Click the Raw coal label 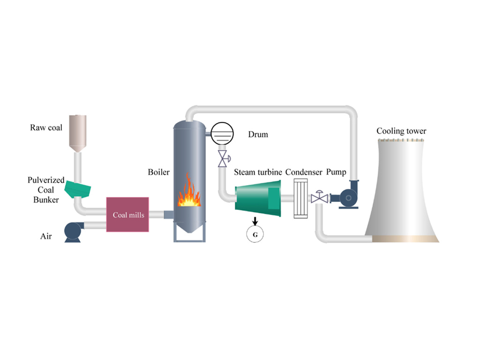(x=46, y=127)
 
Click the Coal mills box (x=128, y=215)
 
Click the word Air (x=45, y=236)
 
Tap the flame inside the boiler (x=189, y=192)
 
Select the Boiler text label (x=158, y=172)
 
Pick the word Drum (x=258, y=135)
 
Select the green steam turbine (x=258, y=199)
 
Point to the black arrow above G (x=255, y=220)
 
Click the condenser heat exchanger (x=300, y=199)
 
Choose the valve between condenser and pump (x=320, y=197)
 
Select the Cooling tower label (x=401, y=131)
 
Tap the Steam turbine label (x=258, y=172)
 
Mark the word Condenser (x=304, y=172)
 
